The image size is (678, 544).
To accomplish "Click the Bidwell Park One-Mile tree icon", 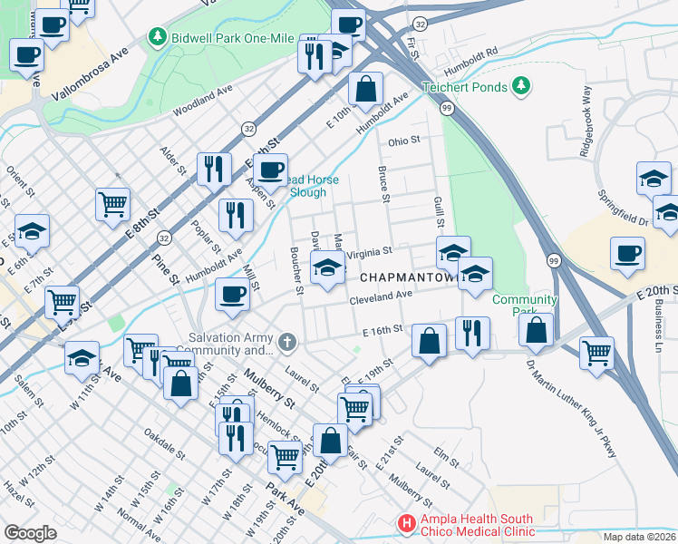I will [x=159, y=36].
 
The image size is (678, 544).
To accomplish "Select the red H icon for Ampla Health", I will [x=408, y=523].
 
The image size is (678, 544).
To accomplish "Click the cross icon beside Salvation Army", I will [x=287, y=343].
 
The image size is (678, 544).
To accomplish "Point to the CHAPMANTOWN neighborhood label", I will [x=406, y=276].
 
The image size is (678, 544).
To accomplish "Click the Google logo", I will [x=30, y=532].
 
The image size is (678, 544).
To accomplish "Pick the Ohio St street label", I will [x=404, y=141].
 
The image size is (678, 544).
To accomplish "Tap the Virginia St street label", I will [x=368, y=251].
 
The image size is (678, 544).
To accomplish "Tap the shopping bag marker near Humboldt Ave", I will [x=365, y=90].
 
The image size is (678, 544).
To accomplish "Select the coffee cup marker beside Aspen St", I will [x=270, y=169].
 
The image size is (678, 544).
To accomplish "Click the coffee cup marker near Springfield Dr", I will [x=627, y=253].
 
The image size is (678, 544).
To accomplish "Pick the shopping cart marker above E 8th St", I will [x=113, y=203].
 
